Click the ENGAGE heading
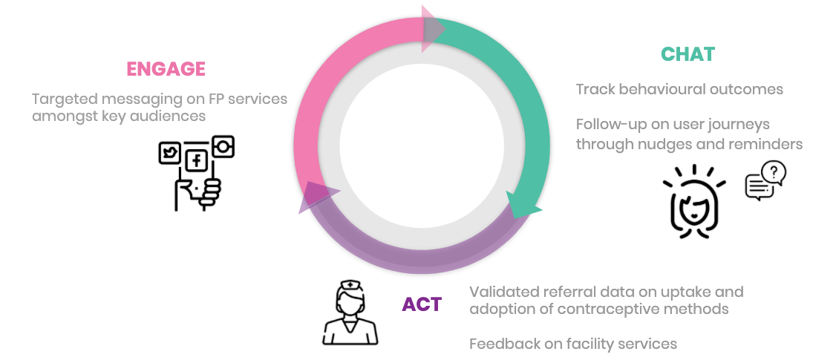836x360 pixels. (x=166, y=69)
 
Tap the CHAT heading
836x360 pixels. (x=688, y=54)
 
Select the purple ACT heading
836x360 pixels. (x=422, y=304)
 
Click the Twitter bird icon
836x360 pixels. (x=171, y=154)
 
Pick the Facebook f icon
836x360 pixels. (x=197, y=160)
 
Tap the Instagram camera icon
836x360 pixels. (x=223, y=147)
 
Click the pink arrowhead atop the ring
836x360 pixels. (x=432, y=29)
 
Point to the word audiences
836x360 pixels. (x=172, y=117)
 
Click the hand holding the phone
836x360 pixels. (x=196, y=192)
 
